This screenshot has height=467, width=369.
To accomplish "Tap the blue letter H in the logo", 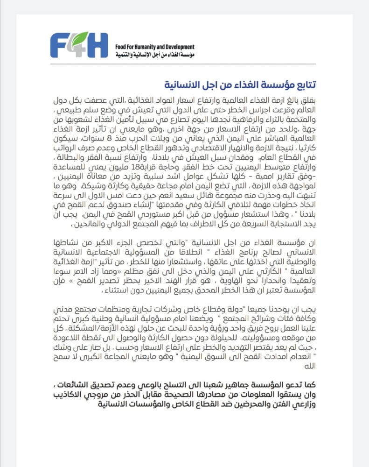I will click(98, 45).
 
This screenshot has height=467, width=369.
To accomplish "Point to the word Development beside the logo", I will click(179, 47).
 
